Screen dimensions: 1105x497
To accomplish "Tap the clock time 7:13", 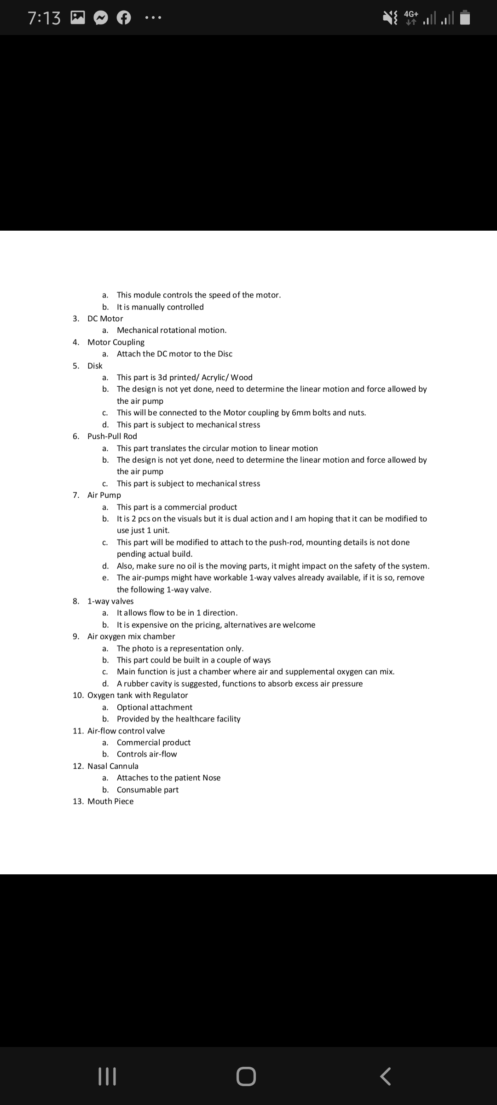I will pos(44,18).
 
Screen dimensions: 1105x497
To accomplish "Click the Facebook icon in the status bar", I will pos(124,18).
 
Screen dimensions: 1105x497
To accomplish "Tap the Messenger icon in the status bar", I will pos(101,18).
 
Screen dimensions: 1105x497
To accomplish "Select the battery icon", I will pos(465,17).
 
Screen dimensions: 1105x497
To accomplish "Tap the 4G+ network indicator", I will pos(411,17).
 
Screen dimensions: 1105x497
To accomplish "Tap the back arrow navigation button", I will pos(386,1076).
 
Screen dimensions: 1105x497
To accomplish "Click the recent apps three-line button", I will pos(108,1076).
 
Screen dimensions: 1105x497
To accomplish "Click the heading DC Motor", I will pos(105,319).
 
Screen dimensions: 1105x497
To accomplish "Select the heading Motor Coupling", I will pos(116,342).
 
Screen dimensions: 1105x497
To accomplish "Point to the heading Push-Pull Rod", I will pos(112,436).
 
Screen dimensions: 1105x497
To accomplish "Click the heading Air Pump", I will pos(104,495).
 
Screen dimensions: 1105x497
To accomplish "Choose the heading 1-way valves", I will pos(110,601).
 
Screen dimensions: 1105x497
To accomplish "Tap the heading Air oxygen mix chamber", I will pos(131,636).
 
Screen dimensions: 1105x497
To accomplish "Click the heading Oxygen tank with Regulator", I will pos(138,695).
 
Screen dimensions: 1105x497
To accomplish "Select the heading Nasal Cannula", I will pos(113,766).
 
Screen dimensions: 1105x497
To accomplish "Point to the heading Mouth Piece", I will pos(110,801).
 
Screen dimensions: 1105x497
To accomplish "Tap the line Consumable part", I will pos(147,790).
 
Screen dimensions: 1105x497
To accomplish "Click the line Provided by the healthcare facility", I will pos(179,719).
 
